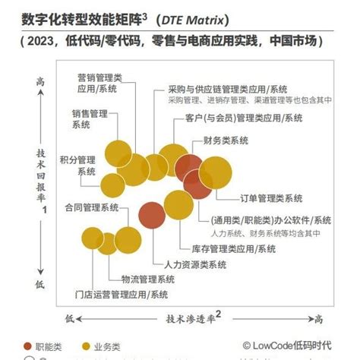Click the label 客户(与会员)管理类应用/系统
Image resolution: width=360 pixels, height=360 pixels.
coord(243,118)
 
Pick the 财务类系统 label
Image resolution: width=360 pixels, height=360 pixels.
coord(226,141)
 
